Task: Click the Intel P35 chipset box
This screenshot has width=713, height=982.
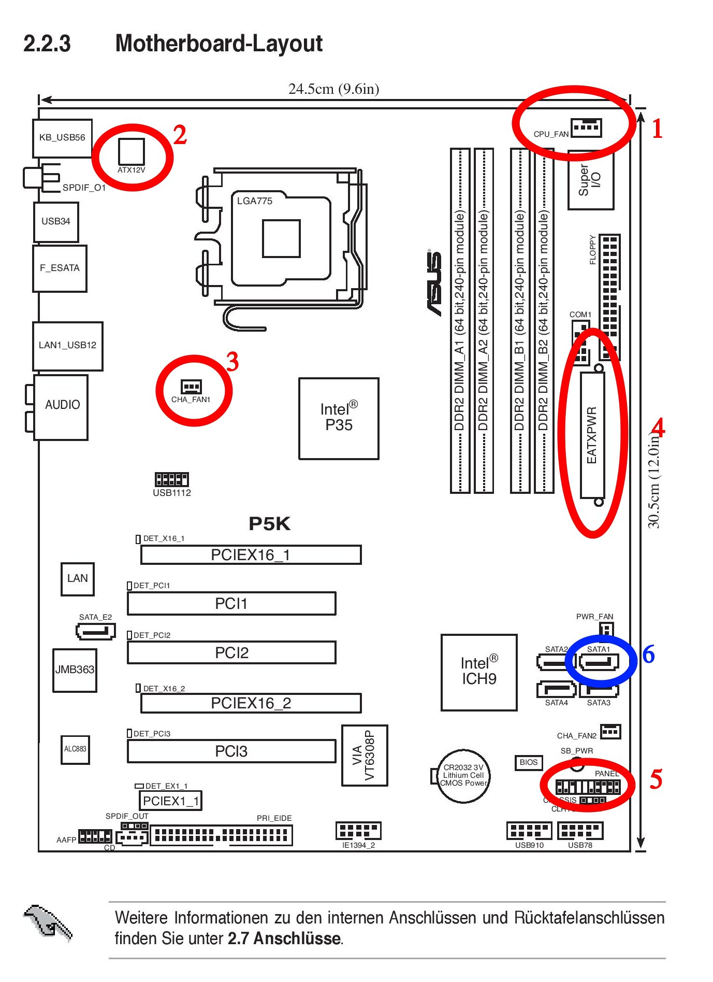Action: pos(339,418)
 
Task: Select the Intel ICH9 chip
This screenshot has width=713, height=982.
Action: pos(479,672)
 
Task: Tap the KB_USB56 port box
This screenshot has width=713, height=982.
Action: pos(62,138)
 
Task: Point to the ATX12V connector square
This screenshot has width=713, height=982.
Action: pos(132,151)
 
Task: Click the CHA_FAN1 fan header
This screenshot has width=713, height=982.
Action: pos(191,387)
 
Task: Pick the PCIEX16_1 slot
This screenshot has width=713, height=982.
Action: pos(251,554)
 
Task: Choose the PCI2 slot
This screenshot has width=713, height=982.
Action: pos(231,652)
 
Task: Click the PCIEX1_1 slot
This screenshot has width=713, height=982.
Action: pos(170,801)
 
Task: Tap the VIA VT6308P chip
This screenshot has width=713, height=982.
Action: pos(365,755)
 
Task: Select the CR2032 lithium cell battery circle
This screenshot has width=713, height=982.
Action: pos(463,775)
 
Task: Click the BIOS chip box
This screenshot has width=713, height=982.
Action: pos(528,762)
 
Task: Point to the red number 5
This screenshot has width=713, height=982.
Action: pos(656,779)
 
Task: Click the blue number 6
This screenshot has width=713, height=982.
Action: pos(648,654)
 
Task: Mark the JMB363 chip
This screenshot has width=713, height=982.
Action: pos(75,670)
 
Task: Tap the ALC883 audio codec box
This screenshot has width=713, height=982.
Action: pos(75,749)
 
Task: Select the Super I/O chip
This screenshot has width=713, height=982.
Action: pos(590,180)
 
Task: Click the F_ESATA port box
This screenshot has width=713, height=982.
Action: pos(60,268)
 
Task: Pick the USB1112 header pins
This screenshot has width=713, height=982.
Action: pos(171,479)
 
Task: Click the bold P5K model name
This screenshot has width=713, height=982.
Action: pos(269,523)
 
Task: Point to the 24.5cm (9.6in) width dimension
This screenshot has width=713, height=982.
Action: pos(333,89)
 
